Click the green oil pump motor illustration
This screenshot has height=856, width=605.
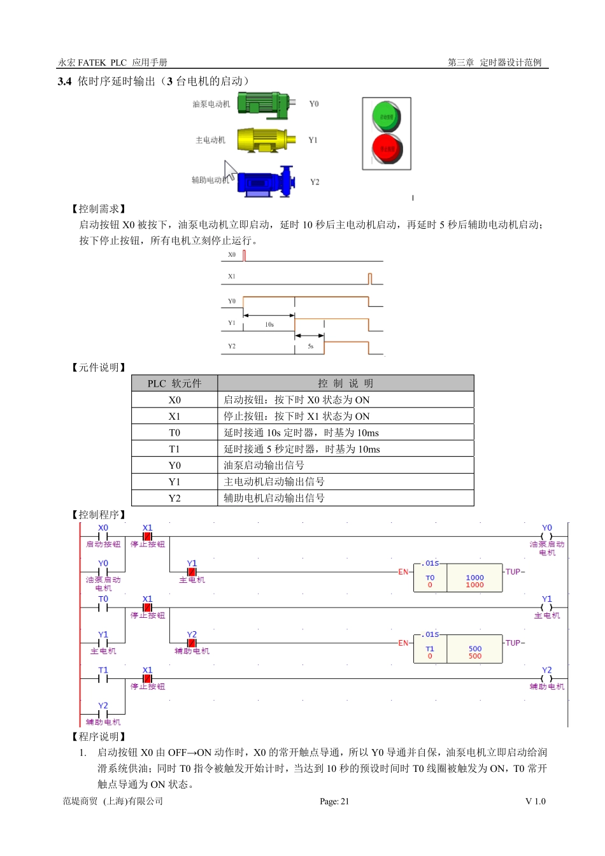[x=264, y=104]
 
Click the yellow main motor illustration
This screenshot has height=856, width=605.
[x=266, y=140]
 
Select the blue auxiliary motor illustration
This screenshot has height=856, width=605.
[x=265, y=182]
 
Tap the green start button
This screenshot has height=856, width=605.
[x=386, y=117]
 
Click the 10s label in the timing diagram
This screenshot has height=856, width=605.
[x=269, y=325]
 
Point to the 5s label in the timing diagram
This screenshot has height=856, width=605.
[x=311, y=346]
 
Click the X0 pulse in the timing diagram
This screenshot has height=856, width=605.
[x=245, y=255]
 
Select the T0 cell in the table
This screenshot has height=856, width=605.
[x=174, y=432]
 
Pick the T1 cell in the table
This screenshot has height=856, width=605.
[x=174, y=449]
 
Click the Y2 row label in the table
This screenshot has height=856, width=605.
[x=174, y=498]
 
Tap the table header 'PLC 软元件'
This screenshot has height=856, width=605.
[x=174, y=383]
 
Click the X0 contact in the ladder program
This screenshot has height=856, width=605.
[x=103, y=536]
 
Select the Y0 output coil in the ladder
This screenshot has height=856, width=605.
[x=546, y=536]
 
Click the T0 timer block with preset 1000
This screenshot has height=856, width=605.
[x=459, y=577]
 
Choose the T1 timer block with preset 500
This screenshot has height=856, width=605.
[x=459, y=648]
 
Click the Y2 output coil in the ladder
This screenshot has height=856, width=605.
[x=546, y=679]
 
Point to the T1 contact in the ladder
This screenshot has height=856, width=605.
[x=103, y=679]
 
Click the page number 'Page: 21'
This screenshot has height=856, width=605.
[x=334, y=801]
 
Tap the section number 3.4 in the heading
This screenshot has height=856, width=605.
[x=64, y=82]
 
